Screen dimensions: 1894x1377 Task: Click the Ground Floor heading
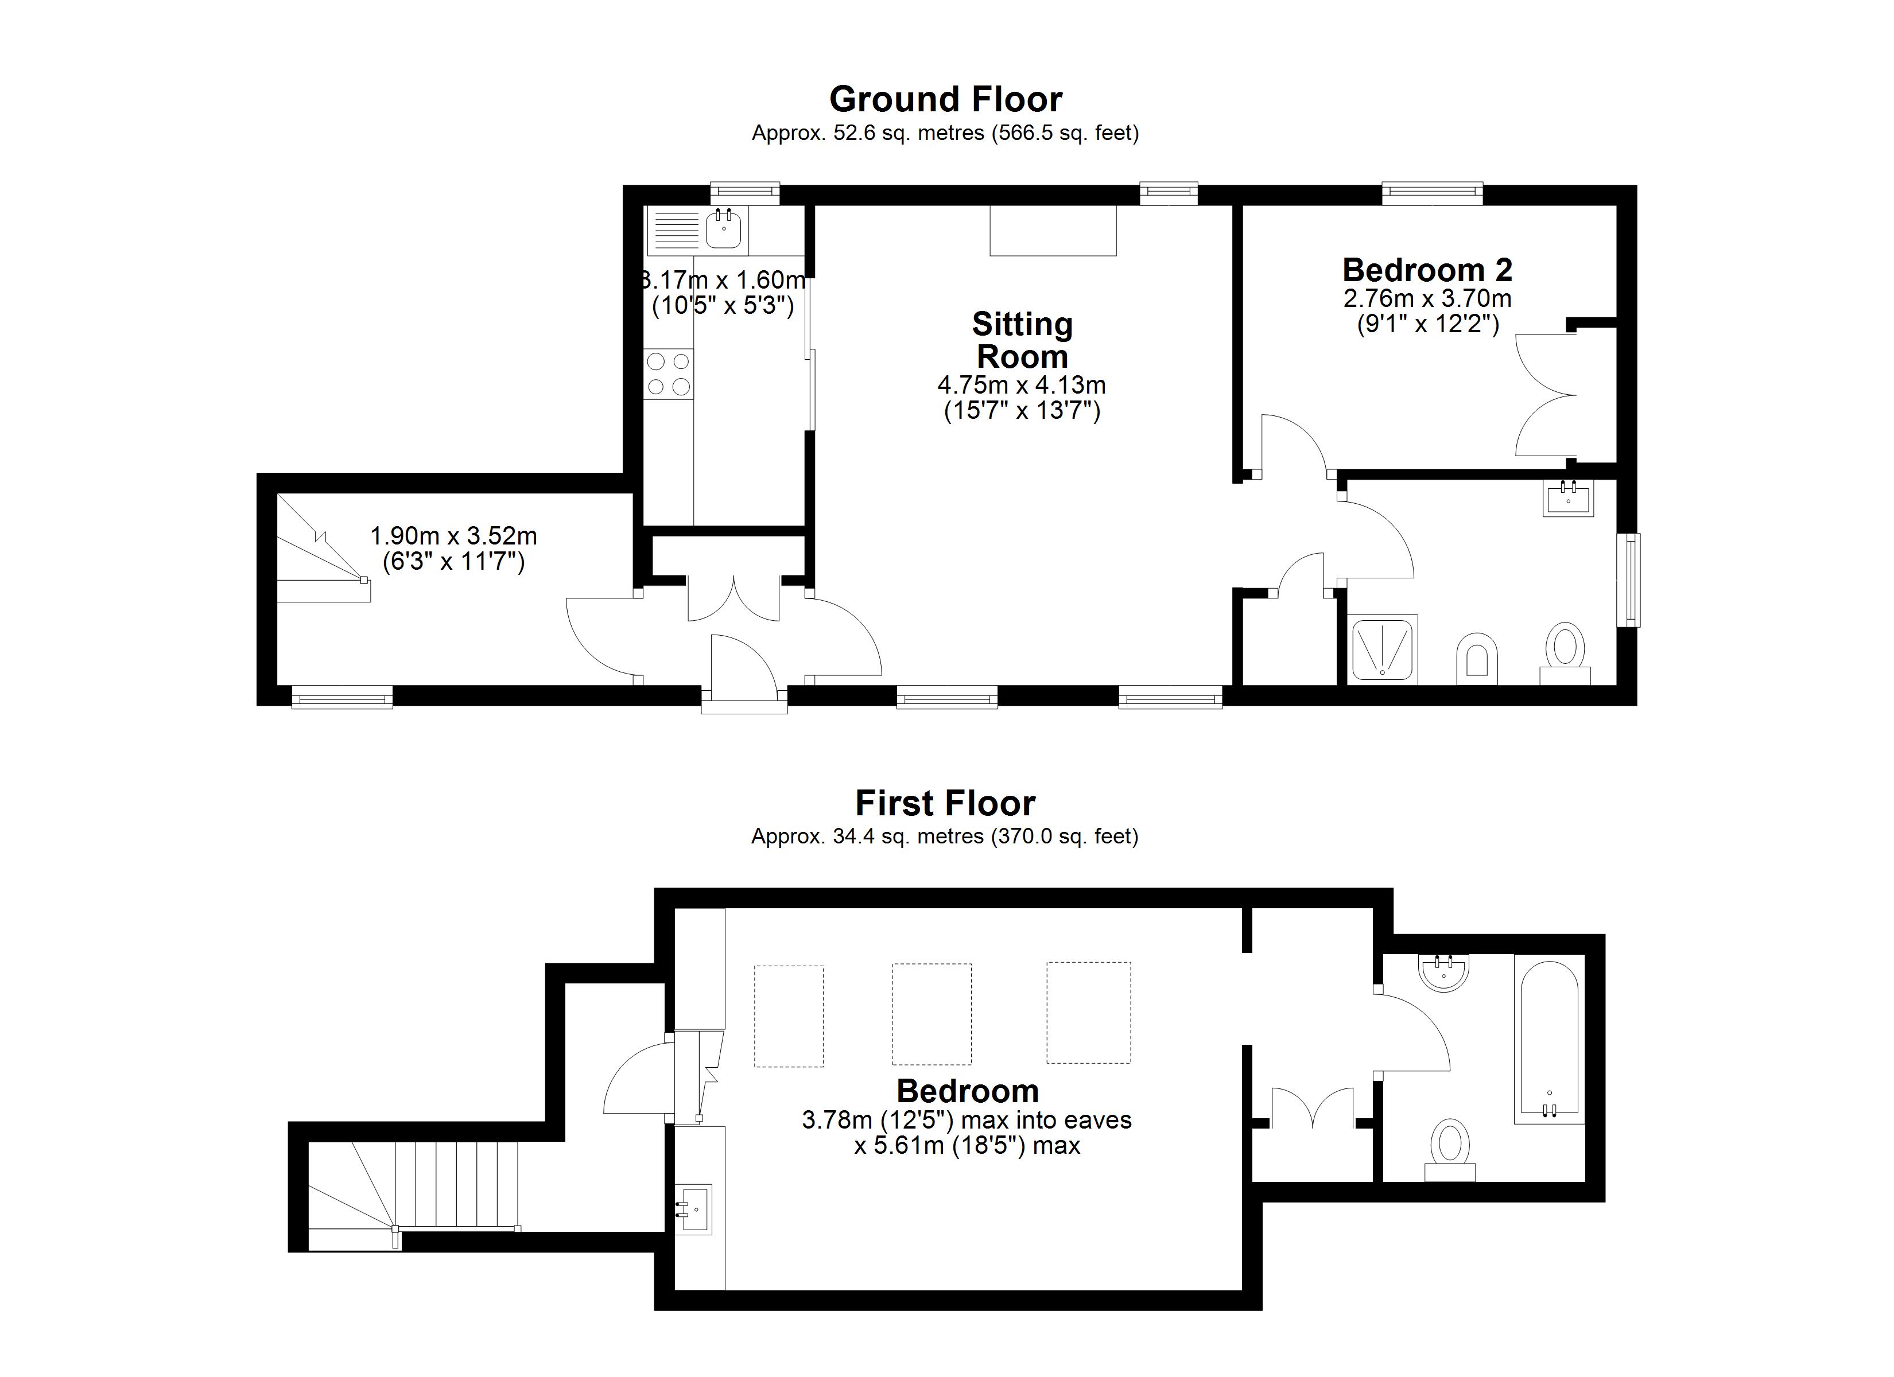pos(945,99)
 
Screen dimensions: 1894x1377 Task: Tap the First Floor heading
pos(945,803)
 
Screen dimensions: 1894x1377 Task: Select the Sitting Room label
pos(1022,340)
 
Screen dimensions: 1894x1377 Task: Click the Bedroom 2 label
pos(1427,270)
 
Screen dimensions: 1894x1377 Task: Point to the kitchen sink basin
pos(723,229)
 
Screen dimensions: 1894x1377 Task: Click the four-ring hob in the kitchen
pos(669,374)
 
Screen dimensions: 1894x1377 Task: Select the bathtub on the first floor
pos(1549,1042)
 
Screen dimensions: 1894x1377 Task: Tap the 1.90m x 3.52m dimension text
pos(453,535)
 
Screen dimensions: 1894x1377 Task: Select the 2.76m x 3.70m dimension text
pos(1427,298)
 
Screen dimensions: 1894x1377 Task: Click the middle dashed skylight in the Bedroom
pos(931,1014)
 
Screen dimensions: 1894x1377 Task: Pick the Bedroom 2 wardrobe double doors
pos(1546,394)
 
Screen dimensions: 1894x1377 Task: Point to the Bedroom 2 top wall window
pos(1432,195)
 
